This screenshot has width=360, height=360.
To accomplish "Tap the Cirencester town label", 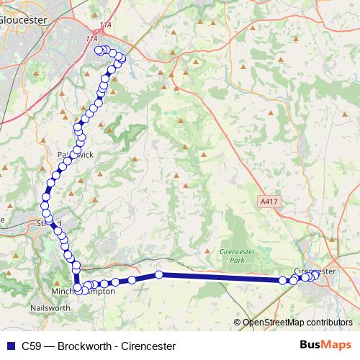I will click(315, 271).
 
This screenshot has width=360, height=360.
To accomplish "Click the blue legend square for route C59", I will click(10, 346).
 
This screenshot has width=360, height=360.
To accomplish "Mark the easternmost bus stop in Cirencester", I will click(315, 274).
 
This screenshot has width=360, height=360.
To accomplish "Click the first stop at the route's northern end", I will click(99, 50).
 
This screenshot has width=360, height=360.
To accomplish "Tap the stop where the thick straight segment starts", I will click(159, 274).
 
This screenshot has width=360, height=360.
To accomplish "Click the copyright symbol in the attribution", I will click(238, 322).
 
